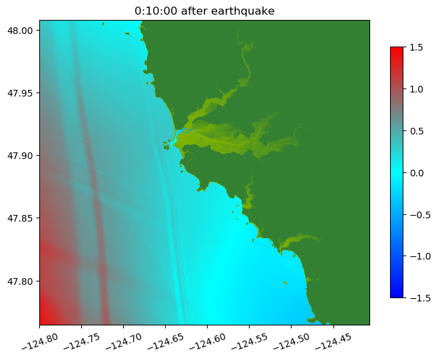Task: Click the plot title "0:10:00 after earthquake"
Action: click(x=204, y=11)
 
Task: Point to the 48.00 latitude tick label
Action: click(x=21, y=31)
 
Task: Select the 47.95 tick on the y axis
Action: click(x=21, y=93)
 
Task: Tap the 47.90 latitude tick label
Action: click(x=21, y=156)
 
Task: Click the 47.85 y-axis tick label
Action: click(x=21, y=218)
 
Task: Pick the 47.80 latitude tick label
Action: click(x=21, y=281)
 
